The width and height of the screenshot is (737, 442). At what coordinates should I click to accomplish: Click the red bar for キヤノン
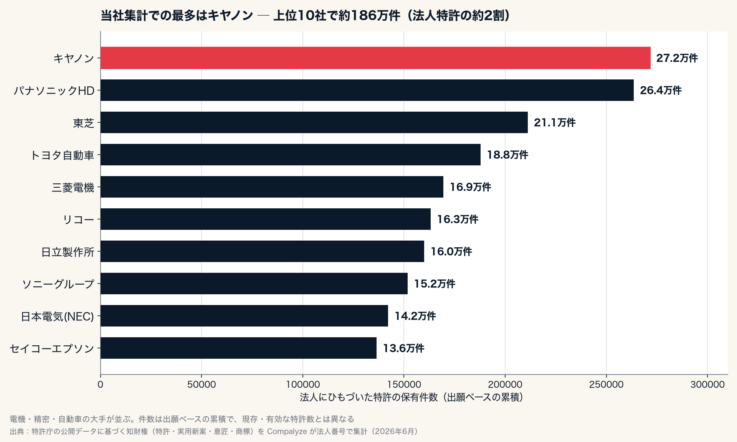375,58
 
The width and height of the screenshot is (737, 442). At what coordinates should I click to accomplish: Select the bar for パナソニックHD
367,90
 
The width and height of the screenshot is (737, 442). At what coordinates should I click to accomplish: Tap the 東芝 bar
314,122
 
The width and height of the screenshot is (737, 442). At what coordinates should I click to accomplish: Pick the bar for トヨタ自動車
291,155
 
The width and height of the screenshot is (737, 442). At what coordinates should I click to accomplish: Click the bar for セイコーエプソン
238,348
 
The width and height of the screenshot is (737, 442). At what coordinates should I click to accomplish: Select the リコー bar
266,219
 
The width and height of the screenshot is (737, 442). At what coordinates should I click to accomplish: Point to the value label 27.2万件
677,58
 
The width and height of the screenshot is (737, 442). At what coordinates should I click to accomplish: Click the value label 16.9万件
470,187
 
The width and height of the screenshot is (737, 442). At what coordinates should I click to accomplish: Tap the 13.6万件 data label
403,348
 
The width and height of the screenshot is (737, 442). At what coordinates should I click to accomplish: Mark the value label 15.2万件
435,284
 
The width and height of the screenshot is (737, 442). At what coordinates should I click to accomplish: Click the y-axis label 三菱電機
73,187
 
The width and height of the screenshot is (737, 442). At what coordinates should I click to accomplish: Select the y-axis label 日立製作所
68,252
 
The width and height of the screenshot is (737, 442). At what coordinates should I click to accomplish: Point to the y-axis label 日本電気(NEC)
58,316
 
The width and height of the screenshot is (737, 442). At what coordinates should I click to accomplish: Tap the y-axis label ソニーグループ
58,284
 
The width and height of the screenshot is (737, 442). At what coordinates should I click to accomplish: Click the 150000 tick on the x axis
404,384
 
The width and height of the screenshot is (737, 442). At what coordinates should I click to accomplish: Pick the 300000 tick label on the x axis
707,384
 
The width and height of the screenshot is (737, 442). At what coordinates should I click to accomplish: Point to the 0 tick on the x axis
101,384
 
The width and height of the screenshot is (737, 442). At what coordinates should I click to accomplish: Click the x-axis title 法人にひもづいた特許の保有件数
369,397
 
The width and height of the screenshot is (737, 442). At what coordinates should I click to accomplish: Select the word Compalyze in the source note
287,431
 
